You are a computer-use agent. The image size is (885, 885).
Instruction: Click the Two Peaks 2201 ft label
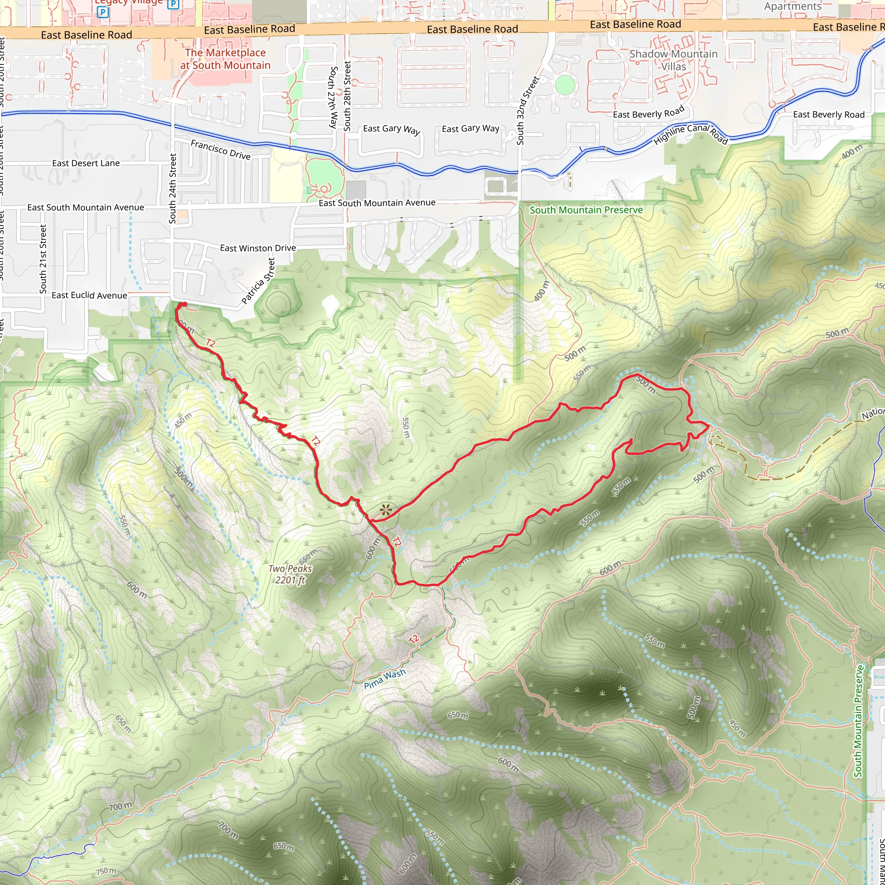290,574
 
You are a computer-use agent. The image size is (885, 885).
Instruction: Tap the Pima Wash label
384,679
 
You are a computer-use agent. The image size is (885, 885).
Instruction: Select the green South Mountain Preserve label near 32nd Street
586,210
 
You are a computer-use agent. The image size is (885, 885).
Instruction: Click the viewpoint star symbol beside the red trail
386,510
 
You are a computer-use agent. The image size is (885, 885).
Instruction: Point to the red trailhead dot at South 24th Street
183,305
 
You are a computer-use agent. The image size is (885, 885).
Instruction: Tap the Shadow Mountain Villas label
673,60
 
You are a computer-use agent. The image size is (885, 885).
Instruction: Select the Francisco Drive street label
220,150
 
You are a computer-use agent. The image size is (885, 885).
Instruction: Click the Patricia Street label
258,281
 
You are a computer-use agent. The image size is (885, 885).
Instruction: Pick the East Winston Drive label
258,248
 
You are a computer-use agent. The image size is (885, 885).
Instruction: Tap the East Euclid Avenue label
89,295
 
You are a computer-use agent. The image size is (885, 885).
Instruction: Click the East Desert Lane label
86,163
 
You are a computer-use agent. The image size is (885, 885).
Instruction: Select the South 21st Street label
43,259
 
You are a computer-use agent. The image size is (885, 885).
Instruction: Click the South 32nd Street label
527,111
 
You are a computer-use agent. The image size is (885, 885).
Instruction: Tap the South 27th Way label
333,97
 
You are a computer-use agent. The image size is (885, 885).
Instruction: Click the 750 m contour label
106,871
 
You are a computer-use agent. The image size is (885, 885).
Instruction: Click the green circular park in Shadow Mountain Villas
564,85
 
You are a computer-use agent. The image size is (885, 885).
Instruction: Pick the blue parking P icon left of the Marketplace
102,13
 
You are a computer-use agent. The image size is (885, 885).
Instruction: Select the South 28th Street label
347,96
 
